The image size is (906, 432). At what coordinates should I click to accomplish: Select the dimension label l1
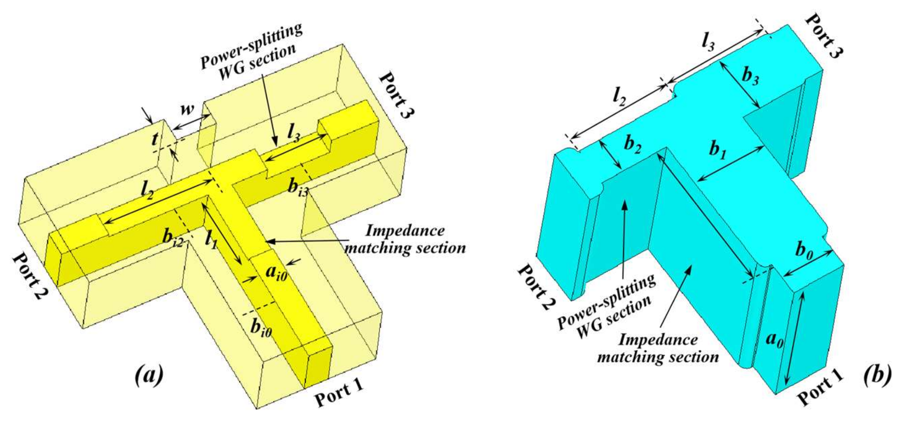[x=211, y=239]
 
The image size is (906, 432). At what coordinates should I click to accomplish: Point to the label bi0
[x=261, y=328]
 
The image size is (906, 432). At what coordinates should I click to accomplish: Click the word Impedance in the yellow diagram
[x=405, y=231]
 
